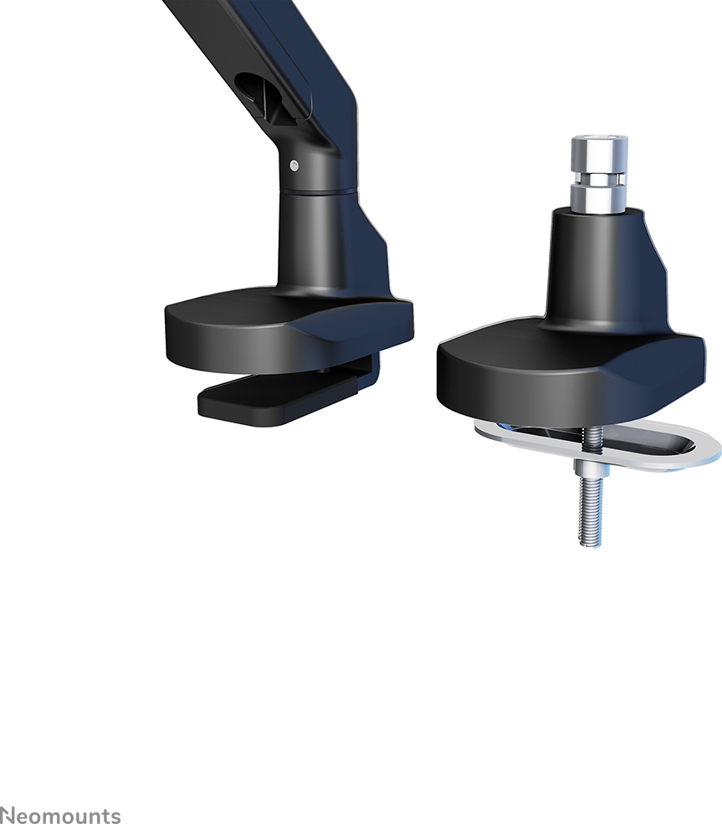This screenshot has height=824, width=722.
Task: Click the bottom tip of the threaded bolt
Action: point(591,545)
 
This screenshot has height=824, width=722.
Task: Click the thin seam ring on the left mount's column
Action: point(316,192)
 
